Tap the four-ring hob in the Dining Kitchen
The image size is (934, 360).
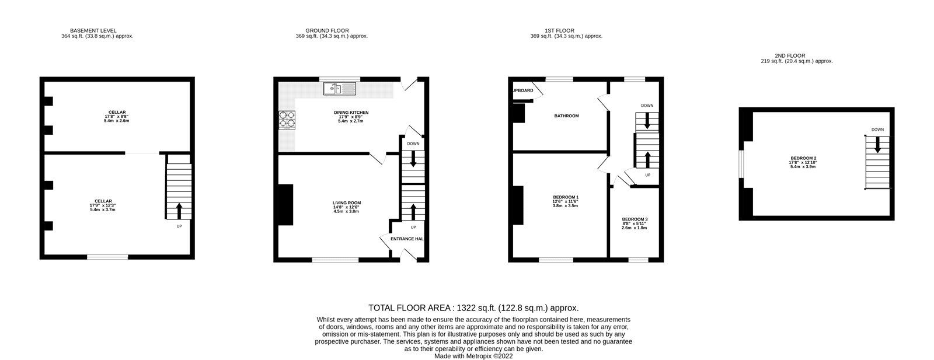(287, 118)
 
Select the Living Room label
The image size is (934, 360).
(347, 203)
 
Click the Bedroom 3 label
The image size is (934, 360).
(634, 219)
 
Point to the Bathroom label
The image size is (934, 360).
(566, 116)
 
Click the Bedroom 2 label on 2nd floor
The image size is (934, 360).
(803, 158)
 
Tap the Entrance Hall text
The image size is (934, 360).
(406, 239)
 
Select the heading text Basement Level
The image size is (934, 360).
(93, 30)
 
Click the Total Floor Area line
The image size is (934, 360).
(473, 307)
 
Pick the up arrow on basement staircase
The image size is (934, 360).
(179, 210)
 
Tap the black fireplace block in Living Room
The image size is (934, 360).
(286, 205)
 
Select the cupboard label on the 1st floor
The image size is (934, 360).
(523, 90)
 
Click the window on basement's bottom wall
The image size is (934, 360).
(107, 257)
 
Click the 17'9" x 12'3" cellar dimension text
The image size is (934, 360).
(102, 205)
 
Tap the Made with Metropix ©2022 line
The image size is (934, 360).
(473, 356)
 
